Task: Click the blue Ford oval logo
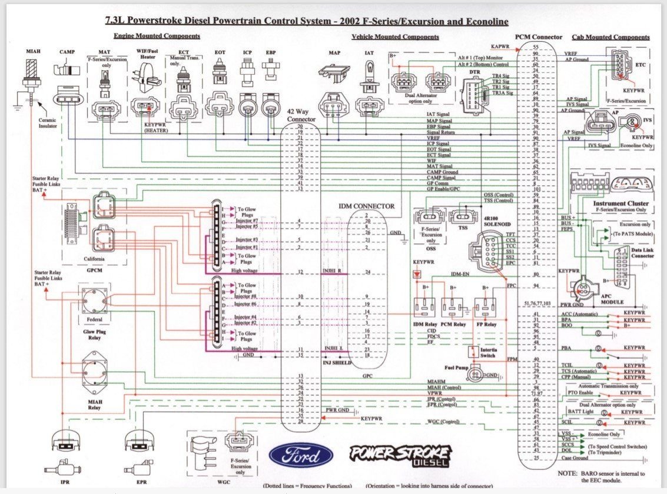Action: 301,456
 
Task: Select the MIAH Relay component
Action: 95,370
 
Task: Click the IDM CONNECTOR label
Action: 366,206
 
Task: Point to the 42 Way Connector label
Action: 301,115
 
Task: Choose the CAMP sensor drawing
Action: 67,70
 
